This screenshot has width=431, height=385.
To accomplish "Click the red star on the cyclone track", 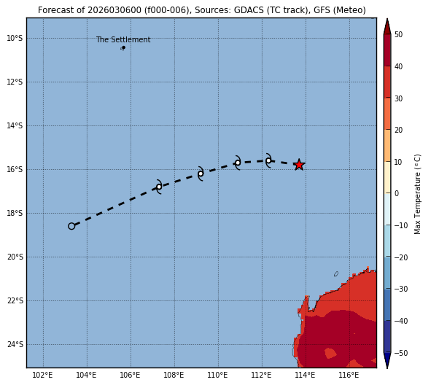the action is coord(299,165).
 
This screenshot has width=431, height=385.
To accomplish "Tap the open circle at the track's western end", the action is coord(71,226).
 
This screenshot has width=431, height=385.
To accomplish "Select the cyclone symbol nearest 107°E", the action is coord(159,187).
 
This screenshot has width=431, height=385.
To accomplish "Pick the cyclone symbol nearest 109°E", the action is coord(201,174).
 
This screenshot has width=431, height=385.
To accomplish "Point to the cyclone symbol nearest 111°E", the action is coord(238,163).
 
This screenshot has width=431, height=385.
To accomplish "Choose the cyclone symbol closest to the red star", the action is coord(268,160).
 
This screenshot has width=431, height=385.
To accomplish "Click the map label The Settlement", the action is coord(123,40).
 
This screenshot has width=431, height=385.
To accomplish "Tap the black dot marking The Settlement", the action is coord(124,47).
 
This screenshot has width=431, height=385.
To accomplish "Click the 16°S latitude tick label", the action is coord(15,170).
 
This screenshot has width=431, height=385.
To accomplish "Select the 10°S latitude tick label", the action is coord(15,38).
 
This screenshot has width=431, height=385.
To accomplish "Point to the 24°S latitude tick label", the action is coord(15,345).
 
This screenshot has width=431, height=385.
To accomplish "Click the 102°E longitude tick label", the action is coord(42,375).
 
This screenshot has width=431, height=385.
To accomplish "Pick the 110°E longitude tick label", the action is coord(218,375).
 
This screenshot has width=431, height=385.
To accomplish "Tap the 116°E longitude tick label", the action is coord(349,375).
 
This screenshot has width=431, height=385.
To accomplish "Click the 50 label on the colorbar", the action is coord(398,34).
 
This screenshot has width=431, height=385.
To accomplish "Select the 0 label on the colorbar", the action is coord(397,193).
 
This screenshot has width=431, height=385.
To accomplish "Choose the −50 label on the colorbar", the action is coord(401,353).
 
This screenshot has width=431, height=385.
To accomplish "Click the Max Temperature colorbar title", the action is coord(417,194).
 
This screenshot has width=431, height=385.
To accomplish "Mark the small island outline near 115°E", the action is coord(336,273).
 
